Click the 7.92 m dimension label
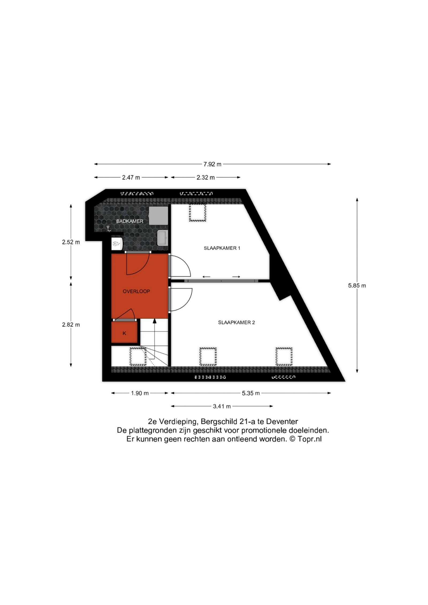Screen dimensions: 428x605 click(x=212, y=164)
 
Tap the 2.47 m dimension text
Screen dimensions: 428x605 click(x=131, y=178)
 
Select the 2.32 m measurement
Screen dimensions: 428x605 click(x=206, y=178)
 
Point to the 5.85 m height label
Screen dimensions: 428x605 click(x=357, y=286)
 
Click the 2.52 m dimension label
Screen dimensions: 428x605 click(x=71, y=242)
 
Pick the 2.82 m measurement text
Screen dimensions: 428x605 click(x=71, y=325)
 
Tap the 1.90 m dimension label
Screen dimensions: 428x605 click(x=140, y=393)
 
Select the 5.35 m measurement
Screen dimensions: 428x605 click(x=251, y=393)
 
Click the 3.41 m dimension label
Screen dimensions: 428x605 click(x=222, y=407)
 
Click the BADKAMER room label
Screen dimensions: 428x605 click(x=130, y=221)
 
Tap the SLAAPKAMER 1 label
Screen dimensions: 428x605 click(x=222, y=248)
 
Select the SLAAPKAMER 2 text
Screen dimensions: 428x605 click(x=236, y=323)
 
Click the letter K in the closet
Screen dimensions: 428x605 click(x=124, y=334)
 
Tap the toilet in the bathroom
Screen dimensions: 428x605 click(x=117, y=244)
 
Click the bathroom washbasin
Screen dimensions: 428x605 click(x=163, y=238)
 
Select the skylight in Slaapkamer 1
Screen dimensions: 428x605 click(x=198, y=213)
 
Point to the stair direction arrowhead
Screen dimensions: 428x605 click(x=154, y=321)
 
